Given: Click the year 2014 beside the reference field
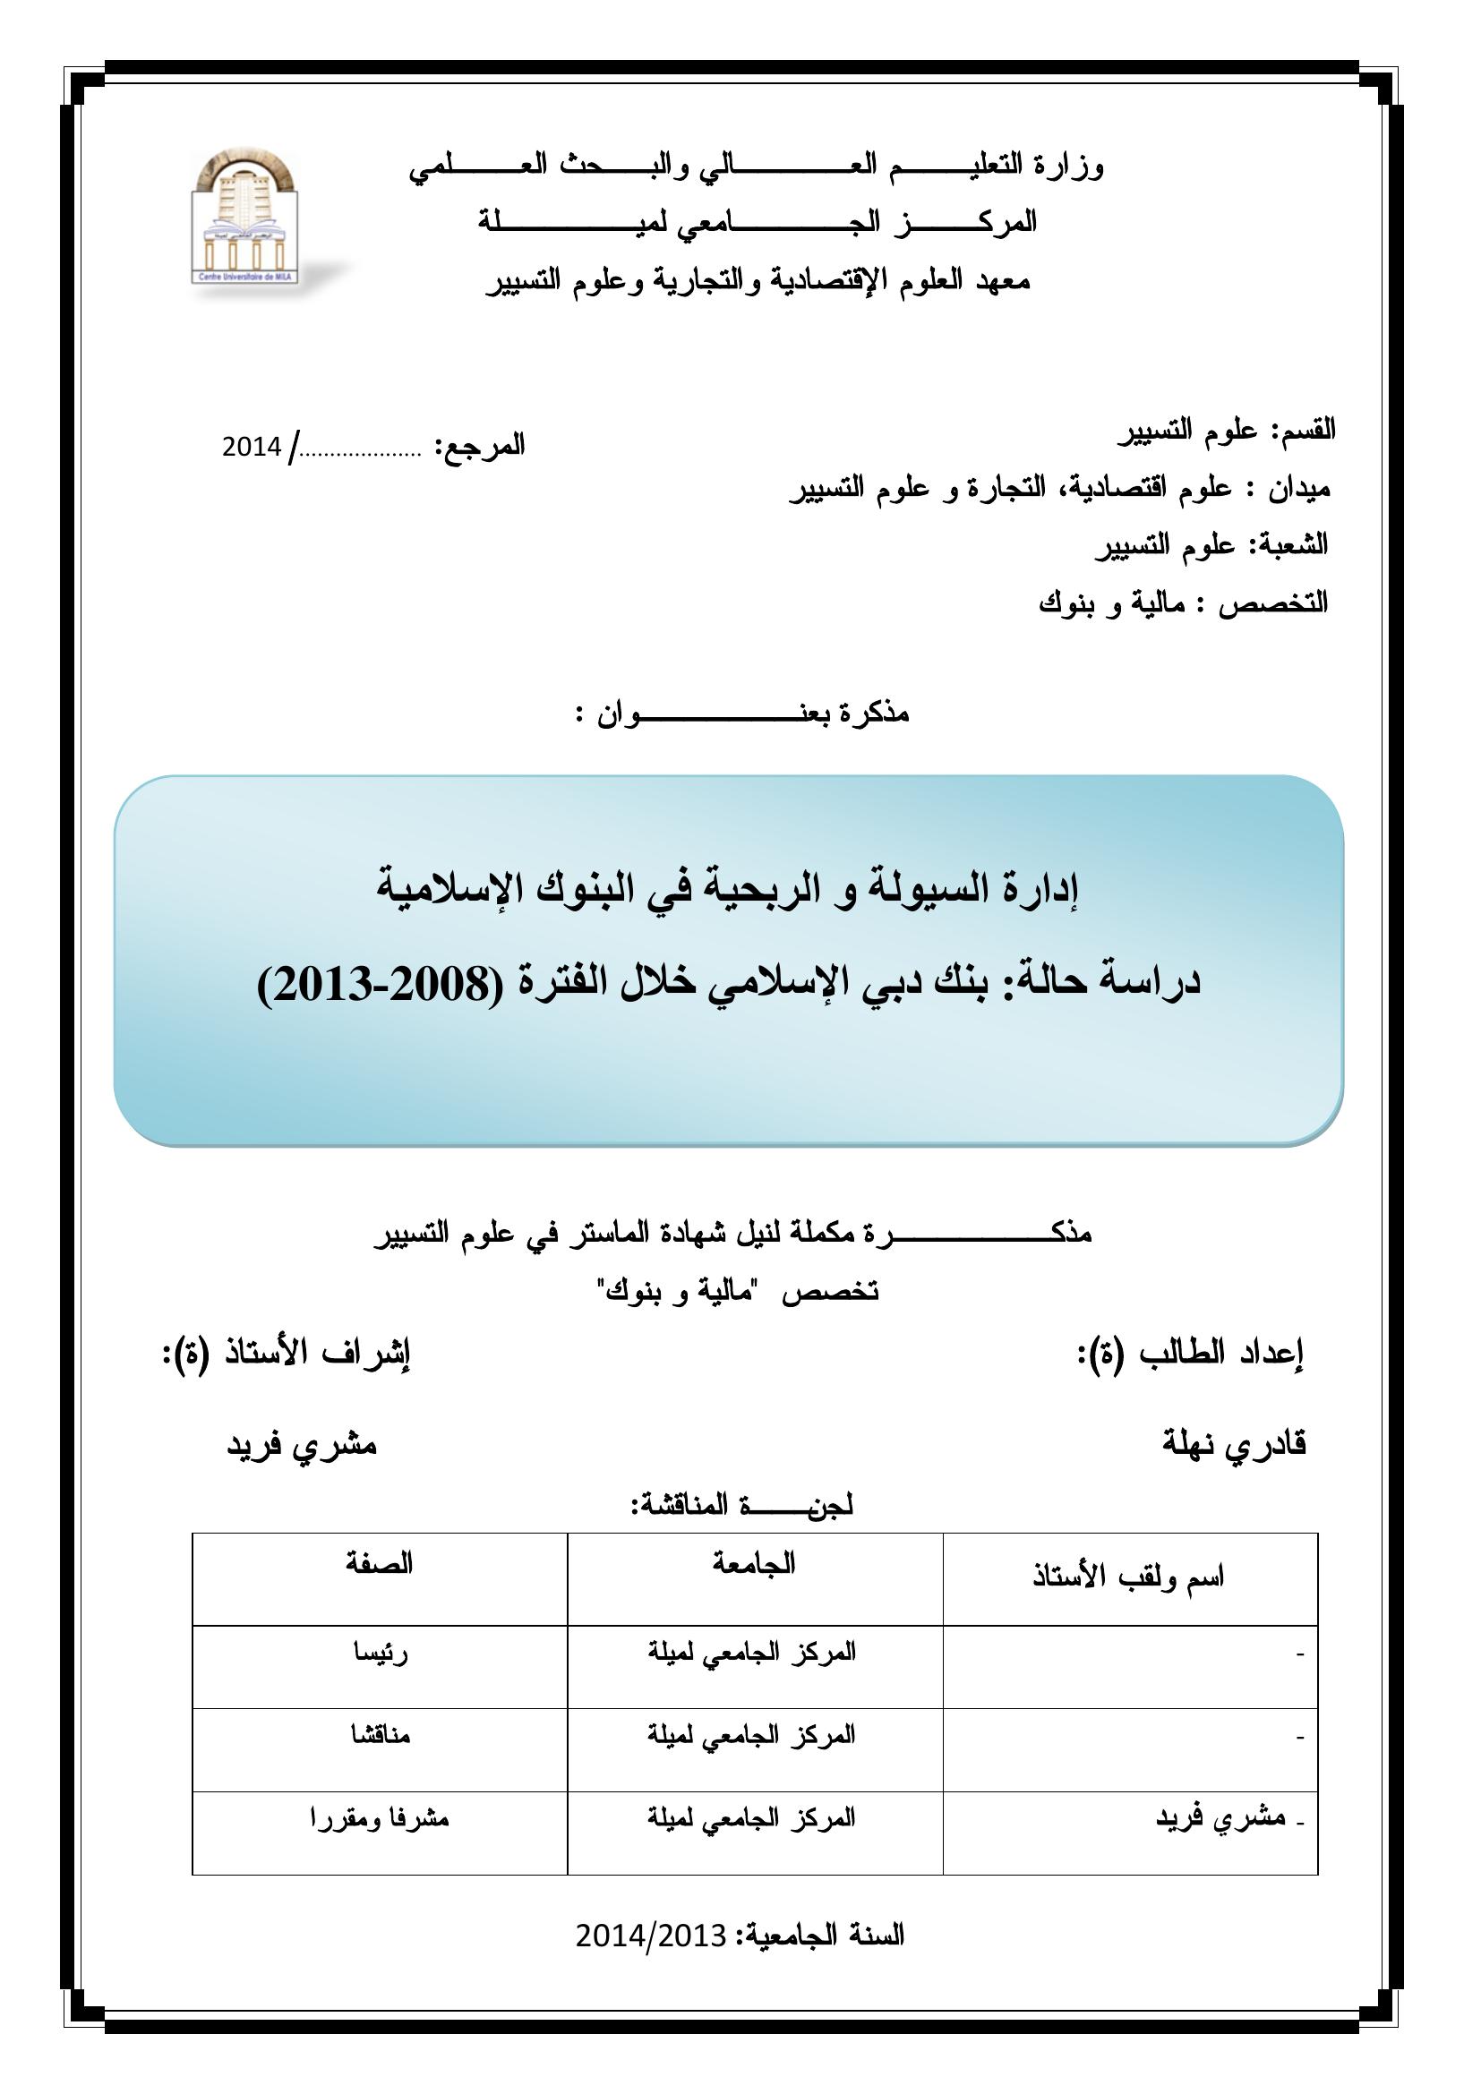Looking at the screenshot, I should [x=251, y=447].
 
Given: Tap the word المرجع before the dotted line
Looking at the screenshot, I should [x=481, y=446].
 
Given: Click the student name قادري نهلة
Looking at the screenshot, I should [x=1234, y=1445].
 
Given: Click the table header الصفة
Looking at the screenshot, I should [x=380, y=1564].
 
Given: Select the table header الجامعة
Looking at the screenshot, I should [x=754, y=1564].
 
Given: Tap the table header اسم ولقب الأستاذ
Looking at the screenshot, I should [x=1128, y=1577].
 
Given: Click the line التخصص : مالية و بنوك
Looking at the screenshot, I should [x=1183, y=603].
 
